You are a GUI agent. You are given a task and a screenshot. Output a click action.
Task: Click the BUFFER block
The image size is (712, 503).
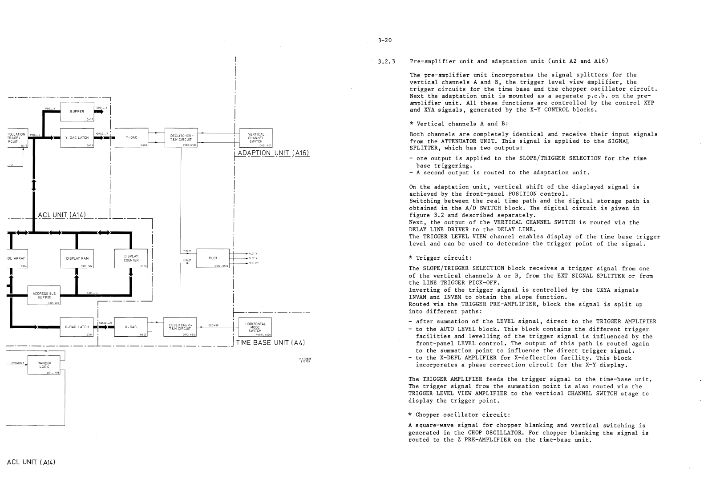pos(77,112)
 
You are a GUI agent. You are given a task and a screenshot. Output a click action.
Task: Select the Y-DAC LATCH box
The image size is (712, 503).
pos(77,138)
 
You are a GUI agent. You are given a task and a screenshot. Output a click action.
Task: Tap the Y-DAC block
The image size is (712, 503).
pos(131,138)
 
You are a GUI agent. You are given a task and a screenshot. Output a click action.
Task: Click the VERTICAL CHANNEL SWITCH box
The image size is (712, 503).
pos(256,137)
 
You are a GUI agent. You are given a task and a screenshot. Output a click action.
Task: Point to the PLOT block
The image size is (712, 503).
pos(213,258)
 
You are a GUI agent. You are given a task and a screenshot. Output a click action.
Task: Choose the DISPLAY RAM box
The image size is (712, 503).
pos(77,258)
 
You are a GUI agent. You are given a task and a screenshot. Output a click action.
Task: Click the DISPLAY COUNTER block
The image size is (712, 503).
pos(131,258)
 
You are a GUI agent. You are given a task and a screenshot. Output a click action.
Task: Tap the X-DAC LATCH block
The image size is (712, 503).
pos(77,327)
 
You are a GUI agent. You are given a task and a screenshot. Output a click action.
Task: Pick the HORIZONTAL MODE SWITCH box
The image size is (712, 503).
pos(255,327)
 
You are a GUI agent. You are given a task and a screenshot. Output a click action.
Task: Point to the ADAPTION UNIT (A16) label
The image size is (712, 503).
pos(273,153)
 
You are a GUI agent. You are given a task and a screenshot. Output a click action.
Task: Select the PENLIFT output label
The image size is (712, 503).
pos(254,263)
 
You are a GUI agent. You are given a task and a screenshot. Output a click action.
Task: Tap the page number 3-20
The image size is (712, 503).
pos(384,40)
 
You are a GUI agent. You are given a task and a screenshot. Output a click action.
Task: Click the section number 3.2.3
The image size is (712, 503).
pos(385,61)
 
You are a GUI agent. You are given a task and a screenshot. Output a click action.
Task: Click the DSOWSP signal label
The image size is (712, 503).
pos(213,325)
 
